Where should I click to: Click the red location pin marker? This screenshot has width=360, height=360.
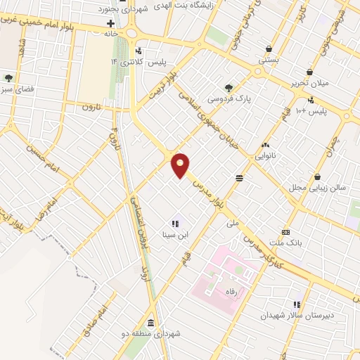[x=181, y=164]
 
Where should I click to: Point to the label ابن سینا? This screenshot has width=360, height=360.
[x=174, y=235]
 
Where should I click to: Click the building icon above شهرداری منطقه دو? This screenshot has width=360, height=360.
[x=151, y=321]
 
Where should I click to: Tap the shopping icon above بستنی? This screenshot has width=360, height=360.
[x=269, y=49]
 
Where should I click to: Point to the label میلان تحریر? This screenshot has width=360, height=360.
[x=309, y=83]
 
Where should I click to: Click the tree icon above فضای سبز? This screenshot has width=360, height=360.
[x=8, y=78]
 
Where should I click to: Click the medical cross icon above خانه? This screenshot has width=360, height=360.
[x=110, y=23]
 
